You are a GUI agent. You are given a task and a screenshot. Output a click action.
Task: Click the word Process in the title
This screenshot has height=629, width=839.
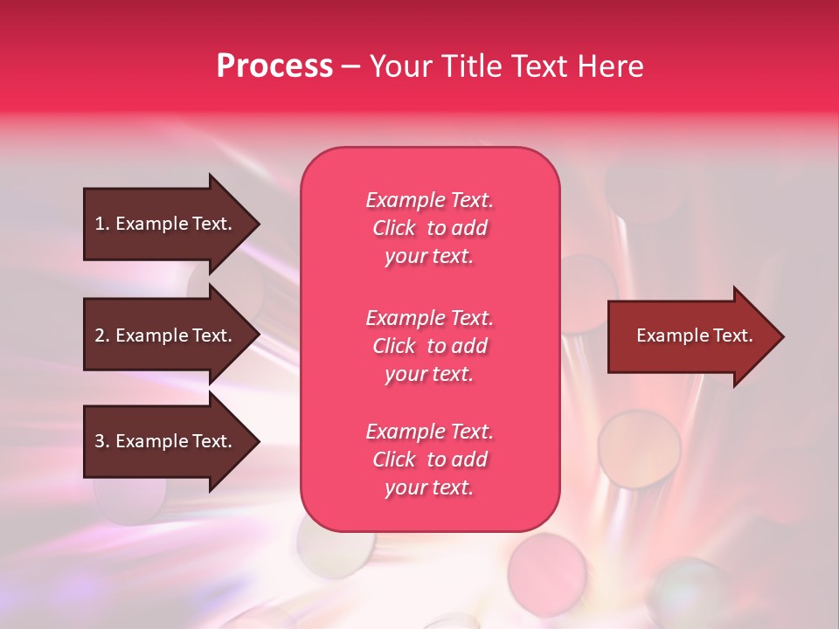pyautogui.click(x=274, y=66)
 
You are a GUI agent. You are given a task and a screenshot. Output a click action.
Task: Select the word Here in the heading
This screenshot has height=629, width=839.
pyautogui.click(x=610, y=66)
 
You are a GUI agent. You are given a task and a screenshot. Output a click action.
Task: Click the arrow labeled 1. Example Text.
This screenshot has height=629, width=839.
pyautogui.click(x=171, y=225)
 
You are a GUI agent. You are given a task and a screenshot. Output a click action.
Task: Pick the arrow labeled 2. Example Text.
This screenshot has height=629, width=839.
pyautogui.click(x=171, y=335)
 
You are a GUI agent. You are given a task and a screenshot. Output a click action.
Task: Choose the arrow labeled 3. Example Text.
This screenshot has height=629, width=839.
pyautogui.click(x=171, y=441)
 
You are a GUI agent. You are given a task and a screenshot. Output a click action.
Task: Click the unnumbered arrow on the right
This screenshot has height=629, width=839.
pyautogui.click(x=696, y=336)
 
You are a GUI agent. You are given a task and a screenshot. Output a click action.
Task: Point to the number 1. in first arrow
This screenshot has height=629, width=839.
pyautogui.click(x=102, y=224)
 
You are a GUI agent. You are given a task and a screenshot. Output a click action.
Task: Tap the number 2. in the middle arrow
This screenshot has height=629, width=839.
pyautogui.click(x=102, y=335)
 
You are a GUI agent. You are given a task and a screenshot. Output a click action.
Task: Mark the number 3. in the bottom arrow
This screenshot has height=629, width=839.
pyautogui.click(x=102, y=441)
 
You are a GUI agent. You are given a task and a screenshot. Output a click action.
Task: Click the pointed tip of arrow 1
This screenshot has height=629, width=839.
pyautogui.click(x=260, y=225)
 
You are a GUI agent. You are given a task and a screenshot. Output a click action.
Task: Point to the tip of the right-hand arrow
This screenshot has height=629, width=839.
pyautogui.click(x=785, y=336)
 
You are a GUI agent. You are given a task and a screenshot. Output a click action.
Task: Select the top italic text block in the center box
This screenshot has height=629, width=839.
pyautogui.click(x=430, y=228)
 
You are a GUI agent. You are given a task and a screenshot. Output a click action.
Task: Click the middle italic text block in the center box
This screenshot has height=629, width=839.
pyautogui.click(x=430, y=346)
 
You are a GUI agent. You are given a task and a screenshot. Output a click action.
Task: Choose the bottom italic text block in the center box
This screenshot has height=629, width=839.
pyautogui.click(x=430, y=460)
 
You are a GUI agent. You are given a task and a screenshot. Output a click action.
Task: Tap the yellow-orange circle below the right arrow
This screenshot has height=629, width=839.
pyautogui.click(x=640, y=449)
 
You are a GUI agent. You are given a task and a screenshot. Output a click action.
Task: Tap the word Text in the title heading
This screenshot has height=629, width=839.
pyautogui.click(x=539, y=66)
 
